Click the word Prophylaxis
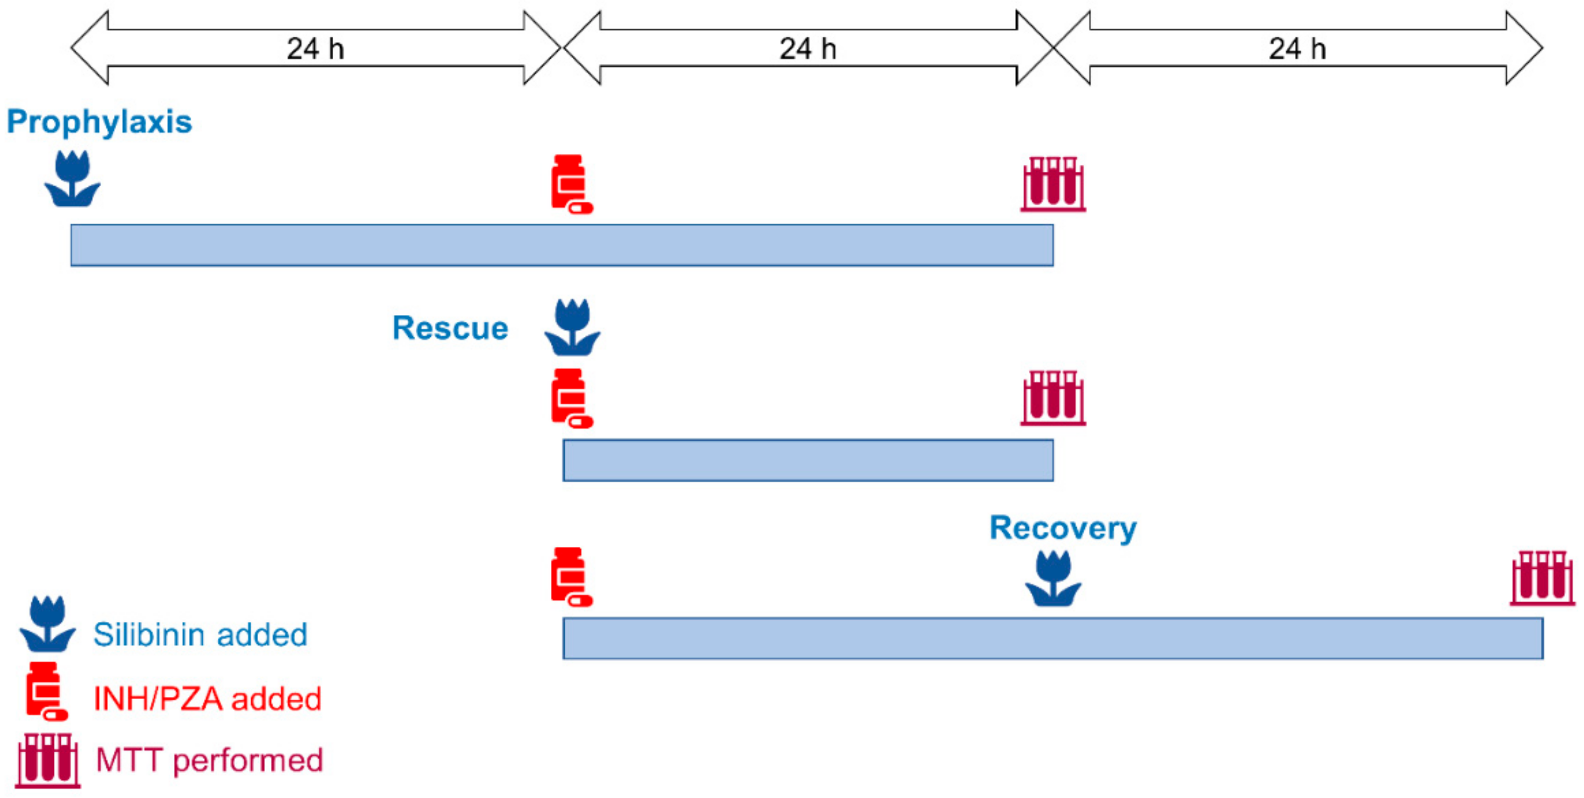tap(99, 122)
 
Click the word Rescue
tap(450, 328)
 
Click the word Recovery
tap(1063, 528)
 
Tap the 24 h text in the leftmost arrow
tap(316, 48)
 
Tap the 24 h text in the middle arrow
tap(808, 48)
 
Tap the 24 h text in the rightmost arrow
tap(1298, 48)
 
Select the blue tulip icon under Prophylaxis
tap(72, 179)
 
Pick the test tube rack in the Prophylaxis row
tap(1053, 184)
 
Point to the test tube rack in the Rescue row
tap(1053, 398)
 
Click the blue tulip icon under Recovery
tap(1053, 578)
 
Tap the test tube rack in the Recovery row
tap(1542, 578)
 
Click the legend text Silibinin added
tap(200, 635)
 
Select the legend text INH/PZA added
tap(207, 699)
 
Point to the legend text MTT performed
tap(209, 760)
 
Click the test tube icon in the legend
tap(48, 760)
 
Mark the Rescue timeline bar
tap(807, 460)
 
